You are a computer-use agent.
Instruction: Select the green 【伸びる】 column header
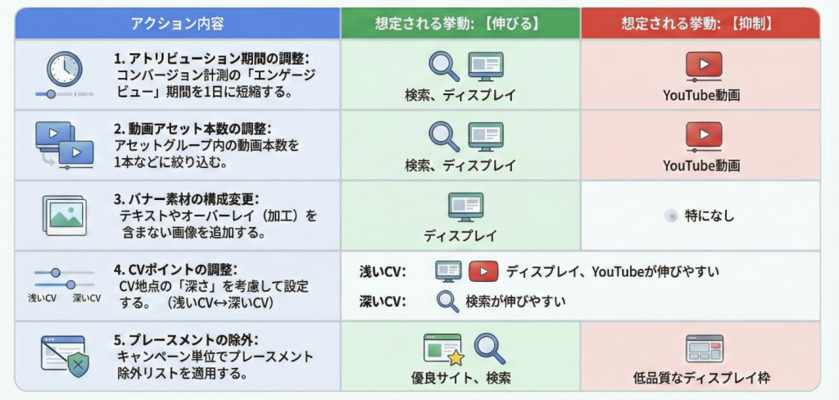click(460, 23)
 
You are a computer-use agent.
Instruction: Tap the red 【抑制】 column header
click(701, 23)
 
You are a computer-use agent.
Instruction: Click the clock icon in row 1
click(64, 69)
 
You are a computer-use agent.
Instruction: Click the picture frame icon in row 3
click(64, 215)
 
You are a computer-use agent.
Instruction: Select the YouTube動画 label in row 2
click(701, 166)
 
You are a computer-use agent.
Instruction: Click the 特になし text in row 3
click(710, 216)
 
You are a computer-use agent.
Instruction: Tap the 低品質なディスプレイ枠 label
click(701, 379)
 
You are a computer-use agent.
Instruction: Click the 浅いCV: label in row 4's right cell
click(383, 271)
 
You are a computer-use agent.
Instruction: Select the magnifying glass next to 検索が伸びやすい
click(447, 302)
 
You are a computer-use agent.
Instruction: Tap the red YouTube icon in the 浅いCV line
click(483, 271)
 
